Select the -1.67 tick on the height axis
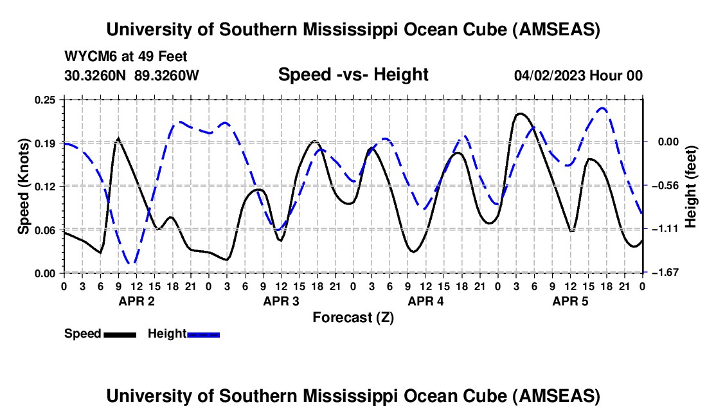click(x=663, y=273)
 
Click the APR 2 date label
click(x=136, y=301)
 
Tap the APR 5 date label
click(x=570, y=301)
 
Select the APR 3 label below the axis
click(x=281, y=301)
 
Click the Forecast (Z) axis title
click(x=353, y=317)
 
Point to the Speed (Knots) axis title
click(x=24, y=186)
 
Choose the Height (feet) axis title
click(x=691, y=186)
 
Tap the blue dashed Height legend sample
click(x=203, y=334)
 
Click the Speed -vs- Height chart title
click(x=353, y=75)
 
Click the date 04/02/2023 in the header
click(x=549, y=76)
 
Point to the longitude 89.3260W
click(x=167, y=76)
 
